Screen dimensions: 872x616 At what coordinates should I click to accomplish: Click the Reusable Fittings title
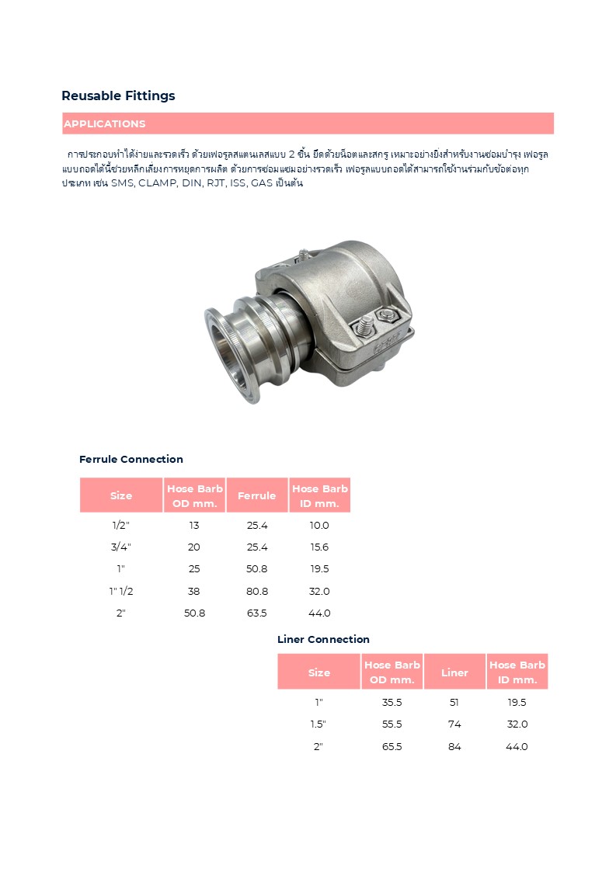click(118, 96)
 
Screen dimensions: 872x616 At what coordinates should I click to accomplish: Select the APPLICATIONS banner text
click(104, 124)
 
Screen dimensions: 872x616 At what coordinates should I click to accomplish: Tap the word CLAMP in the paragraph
click(158, 183)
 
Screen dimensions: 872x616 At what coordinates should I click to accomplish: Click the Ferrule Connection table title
click(131, 459)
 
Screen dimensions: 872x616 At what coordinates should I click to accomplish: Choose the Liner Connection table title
click(323, 639)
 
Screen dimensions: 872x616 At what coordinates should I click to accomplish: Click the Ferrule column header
click(256, 495)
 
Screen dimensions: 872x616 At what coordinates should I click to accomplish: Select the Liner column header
click(454, 672)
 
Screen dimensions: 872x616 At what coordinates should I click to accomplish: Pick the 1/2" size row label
click(121, 526)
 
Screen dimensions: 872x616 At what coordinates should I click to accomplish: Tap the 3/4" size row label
click(121, 547)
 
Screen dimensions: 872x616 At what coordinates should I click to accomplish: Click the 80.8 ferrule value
click(256, 591)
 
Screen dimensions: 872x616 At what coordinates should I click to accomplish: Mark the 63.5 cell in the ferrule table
click(256, 613)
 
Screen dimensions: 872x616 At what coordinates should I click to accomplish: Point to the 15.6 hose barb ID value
click(319, 547)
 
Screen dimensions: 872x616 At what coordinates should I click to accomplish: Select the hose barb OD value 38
click(194, 591)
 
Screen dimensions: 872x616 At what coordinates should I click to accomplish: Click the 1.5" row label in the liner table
click(318, 724)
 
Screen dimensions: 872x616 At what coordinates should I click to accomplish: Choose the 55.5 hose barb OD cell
click(392, 724)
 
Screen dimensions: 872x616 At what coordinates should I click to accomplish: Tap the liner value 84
click(454, 746)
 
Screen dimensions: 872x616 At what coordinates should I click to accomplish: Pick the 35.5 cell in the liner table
click(392, 702)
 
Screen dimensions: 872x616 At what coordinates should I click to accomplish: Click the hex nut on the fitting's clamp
click(386, 314)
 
